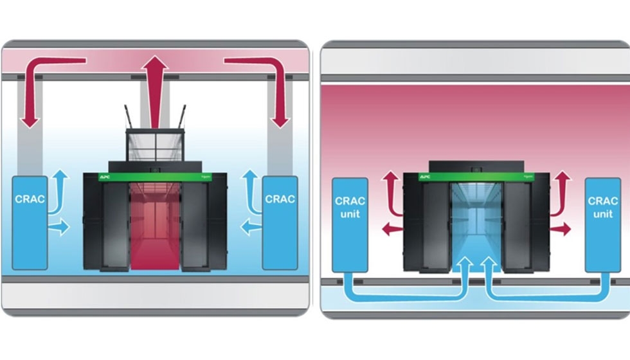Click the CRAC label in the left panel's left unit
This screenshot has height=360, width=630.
[x=30, y=199]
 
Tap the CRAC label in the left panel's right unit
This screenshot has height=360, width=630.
[x=280, y=199]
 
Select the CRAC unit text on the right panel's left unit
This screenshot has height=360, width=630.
[x=350, y=206]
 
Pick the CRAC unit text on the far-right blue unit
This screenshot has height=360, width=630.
[x=602, y=206]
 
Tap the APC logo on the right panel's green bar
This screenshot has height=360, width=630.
[x=425, y=176]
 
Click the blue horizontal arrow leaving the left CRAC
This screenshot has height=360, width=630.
[x=59, y=227]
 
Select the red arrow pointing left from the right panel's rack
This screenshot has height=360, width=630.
[x=390, y=227]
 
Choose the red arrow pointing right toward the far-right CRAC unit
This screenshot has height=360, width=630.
[x=561, y=229]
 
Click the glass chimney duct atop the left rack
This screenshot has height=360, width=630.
[x=155, y=145]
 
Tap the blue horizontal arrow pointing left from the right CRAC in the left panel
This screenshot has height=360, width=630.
[x=251, y=227]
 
